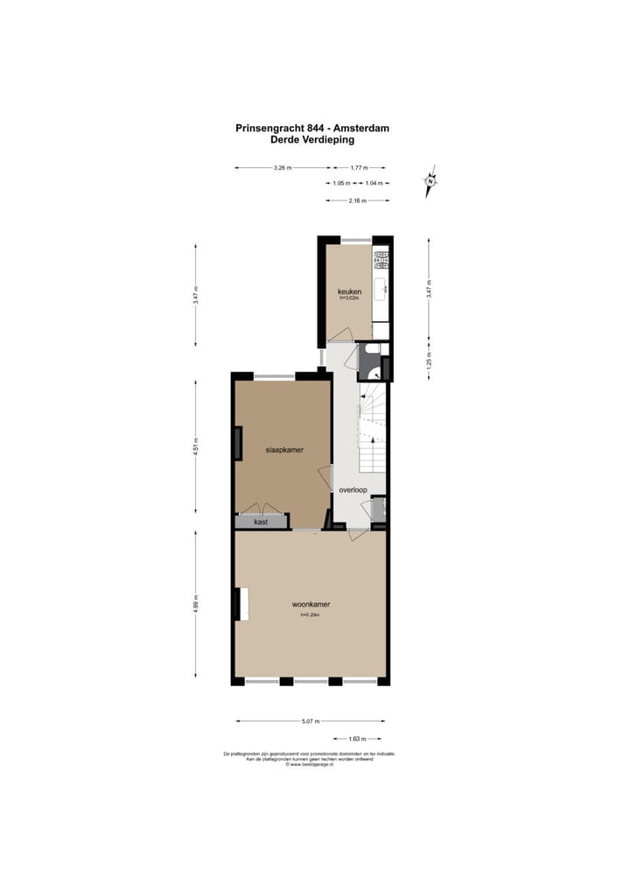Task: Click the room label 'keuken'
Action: point(350,291)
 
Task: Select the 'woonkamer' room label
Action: point(311,604)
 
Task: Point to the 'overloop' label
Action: point(353,490)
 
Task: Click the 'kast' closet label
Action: point(261,522)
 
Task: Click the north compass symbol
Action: point(430,182)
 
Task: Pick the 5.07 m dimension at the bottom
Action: point(311,721)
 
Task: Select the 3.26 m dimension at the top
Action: point(282,167)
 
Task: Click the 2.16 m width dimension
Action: point(358,200)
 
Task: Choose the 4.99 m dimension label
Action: point(197,604)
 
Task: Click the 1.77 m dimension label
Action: point(358,167)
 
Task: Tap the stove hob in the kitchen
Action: point(381,258)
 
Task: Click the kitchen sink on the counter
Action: point(381,289)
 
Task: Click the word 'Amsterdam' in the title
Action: point(359,128)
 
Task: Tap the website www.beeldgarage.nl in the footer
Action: point(312,764)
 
